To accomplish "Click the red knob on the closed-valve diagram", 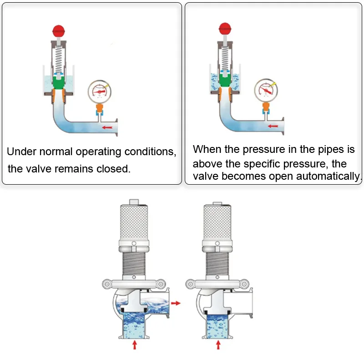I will [59, 31].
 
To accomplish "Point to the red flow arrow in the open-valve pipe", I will [273, 126].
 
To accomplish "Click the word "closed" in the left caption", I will [113, 169].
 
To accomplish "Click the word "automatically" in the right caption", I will [328, 177].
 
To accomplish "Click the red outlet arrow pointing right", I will [176, 302].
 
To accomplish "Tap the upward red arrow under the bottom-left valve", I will [135, 344].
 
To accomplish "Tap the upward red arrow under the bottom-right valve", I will [218, 344].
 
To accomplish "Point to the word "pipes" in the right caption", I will [314, 150].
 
